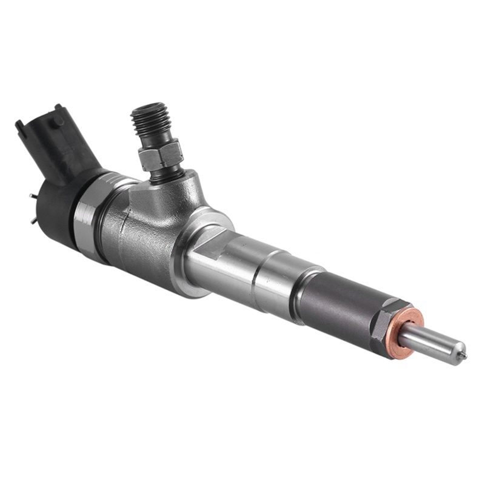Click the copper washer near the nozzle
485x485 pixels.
(405, 333)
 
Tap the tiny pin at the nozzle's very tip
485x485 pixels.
(464, 353)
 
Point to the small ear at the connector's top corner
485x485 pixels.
(20, 125)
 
